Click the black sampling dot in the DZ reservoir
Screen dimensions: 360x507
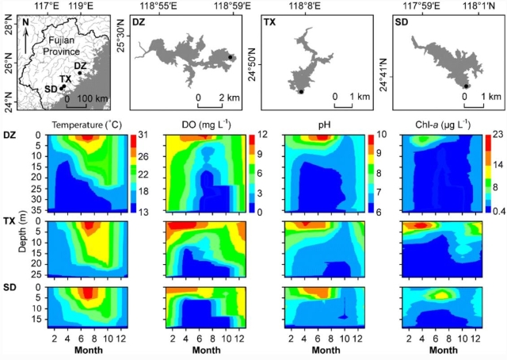coord(231,57)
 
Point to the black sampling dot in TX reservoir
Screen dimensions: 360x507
coord(301,92)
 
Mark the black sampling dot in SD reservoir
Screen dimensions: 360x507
coord(467,86)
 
